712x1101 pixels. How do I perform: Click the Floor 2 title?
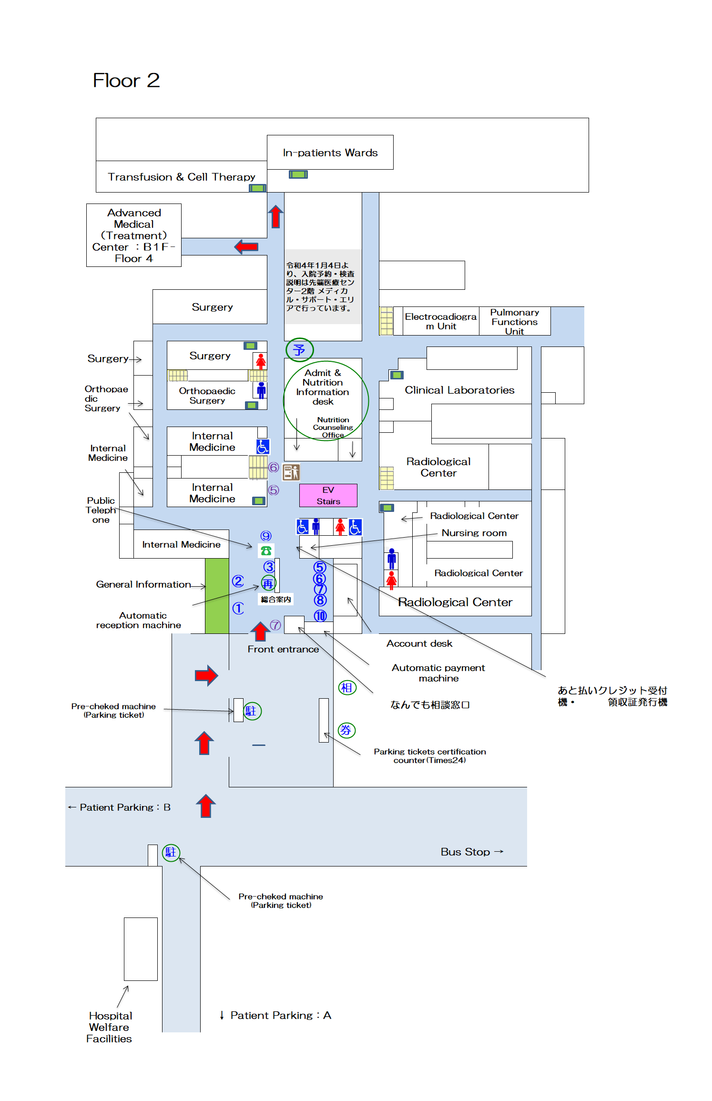126,81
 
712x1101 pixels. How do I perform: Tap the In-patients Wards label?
330,153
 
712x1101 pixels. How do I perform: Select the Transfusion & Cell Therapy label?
181,177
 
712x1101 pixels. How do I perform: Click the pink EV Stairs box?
328,495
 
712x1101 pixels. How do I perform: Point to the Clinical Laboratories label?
459,390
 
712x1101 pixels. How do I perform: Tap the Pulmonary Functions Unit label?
514,322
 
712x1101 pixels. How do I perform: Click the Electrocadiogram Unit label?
440,321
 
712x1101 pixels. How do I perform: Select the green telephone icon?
266,550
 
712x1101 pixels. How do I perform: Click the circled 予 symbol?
299,350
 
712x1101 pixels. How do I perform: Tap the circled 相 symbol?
347,687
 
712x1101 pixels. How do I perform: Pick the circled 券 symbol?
346,730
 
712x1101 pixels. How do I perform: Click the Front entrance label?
283,649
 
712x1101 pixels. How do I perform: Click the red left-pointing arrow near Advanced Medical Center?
246,246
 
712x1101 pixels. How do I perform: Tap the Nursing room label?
474,533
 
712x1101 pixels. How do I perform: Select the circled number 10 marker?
320,616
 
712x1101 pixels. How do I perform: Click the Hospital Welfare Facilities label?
109,1027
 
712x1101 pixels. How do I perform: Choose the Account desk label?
419,643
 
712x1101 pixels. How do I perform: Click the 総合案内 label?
276,600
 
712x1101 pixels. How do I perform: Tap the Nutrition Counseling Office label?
333,427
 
